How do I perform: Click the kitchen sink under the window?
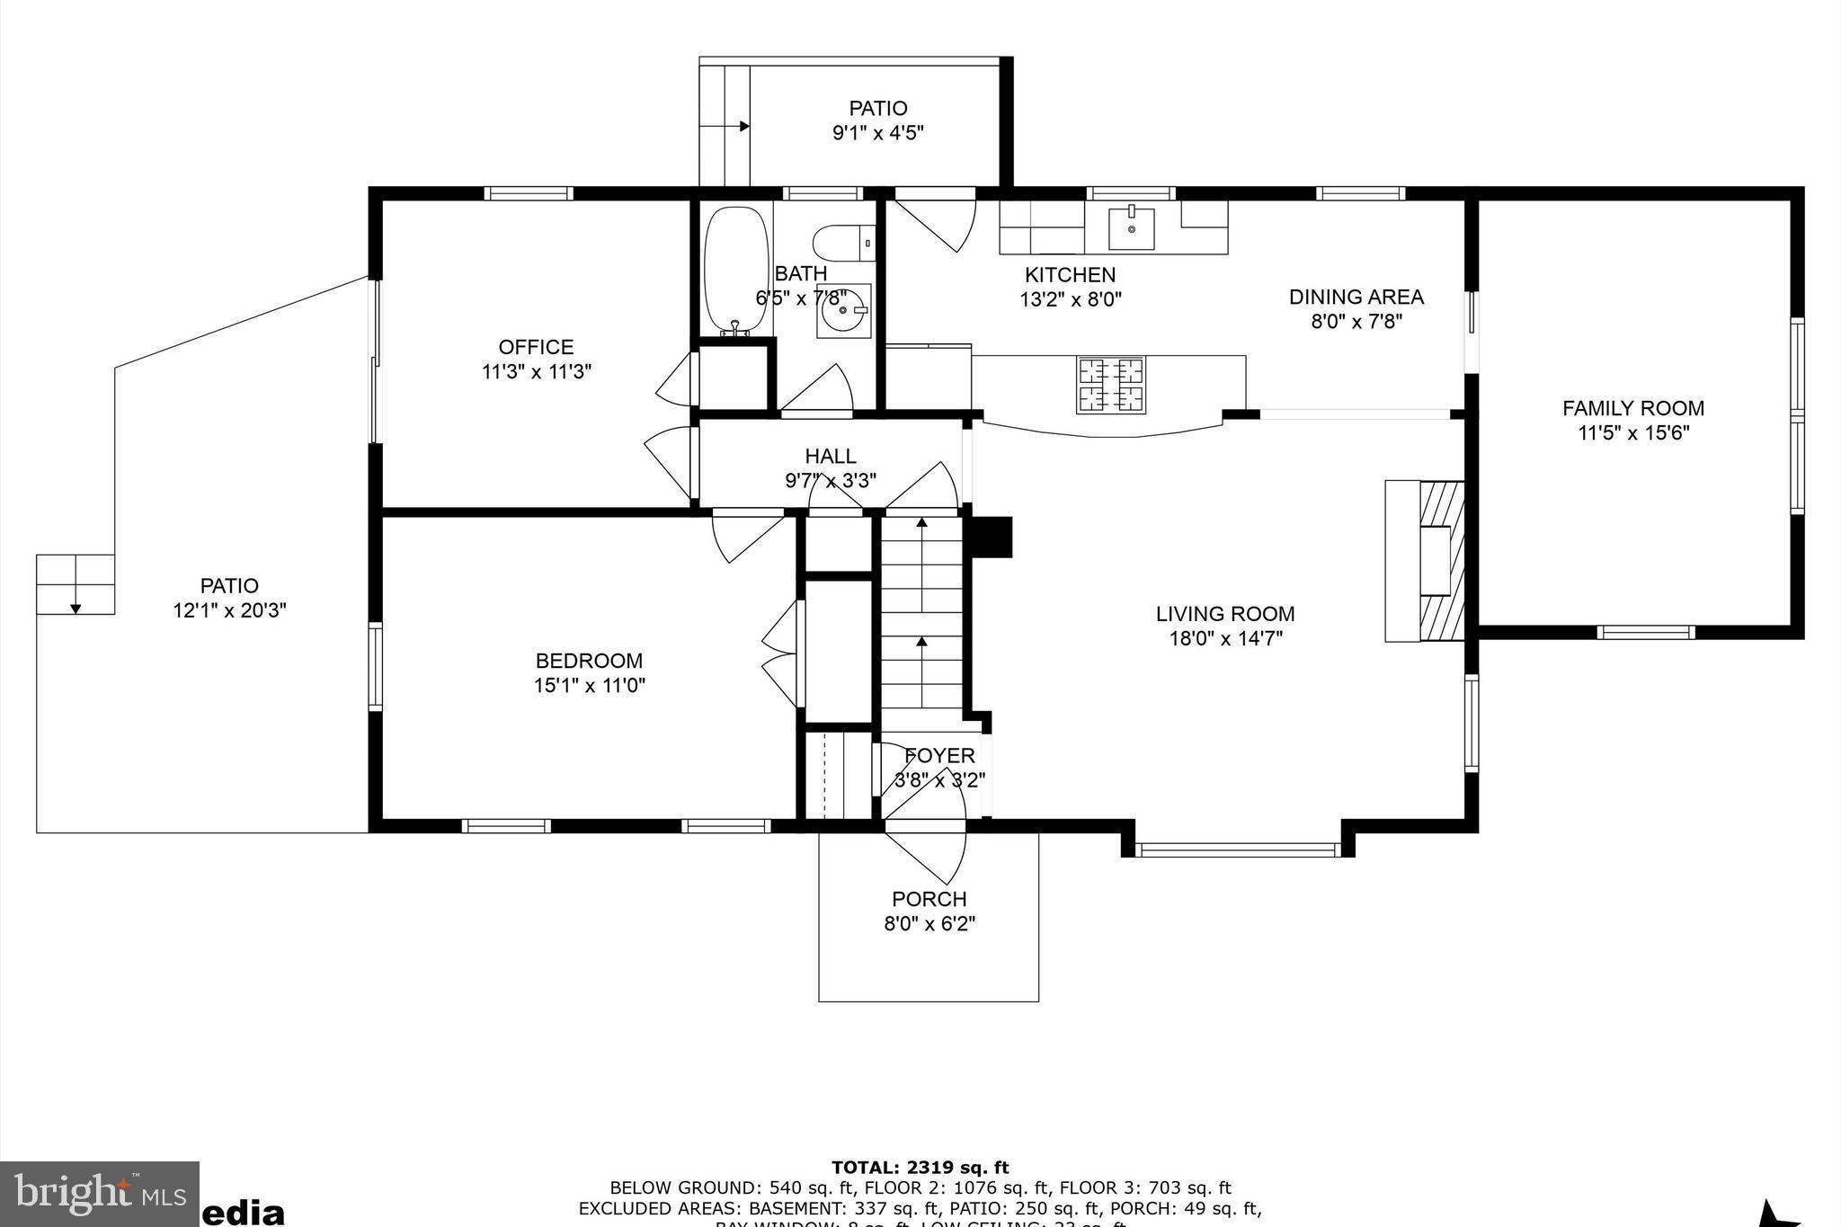tap(1131, 227)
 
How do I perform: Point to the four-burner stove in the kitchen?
tap(1112, 385)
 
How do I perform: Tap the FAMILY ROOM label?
tap(1632, 408)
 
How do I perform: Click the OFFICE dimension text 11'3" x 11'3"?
tap(537, 371)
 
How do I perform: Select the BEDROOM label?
tap(589, 661)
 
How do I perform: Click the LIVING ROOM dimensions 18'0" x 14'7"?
tap(1224, 638)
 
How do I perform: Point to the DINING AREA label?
tap(1356, 297)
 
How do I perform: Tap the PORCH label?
tap(929, 899)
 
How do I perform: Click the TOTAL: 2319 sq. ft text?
tap(920, 1168)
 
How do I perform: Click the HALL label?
tap(830, 456)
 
